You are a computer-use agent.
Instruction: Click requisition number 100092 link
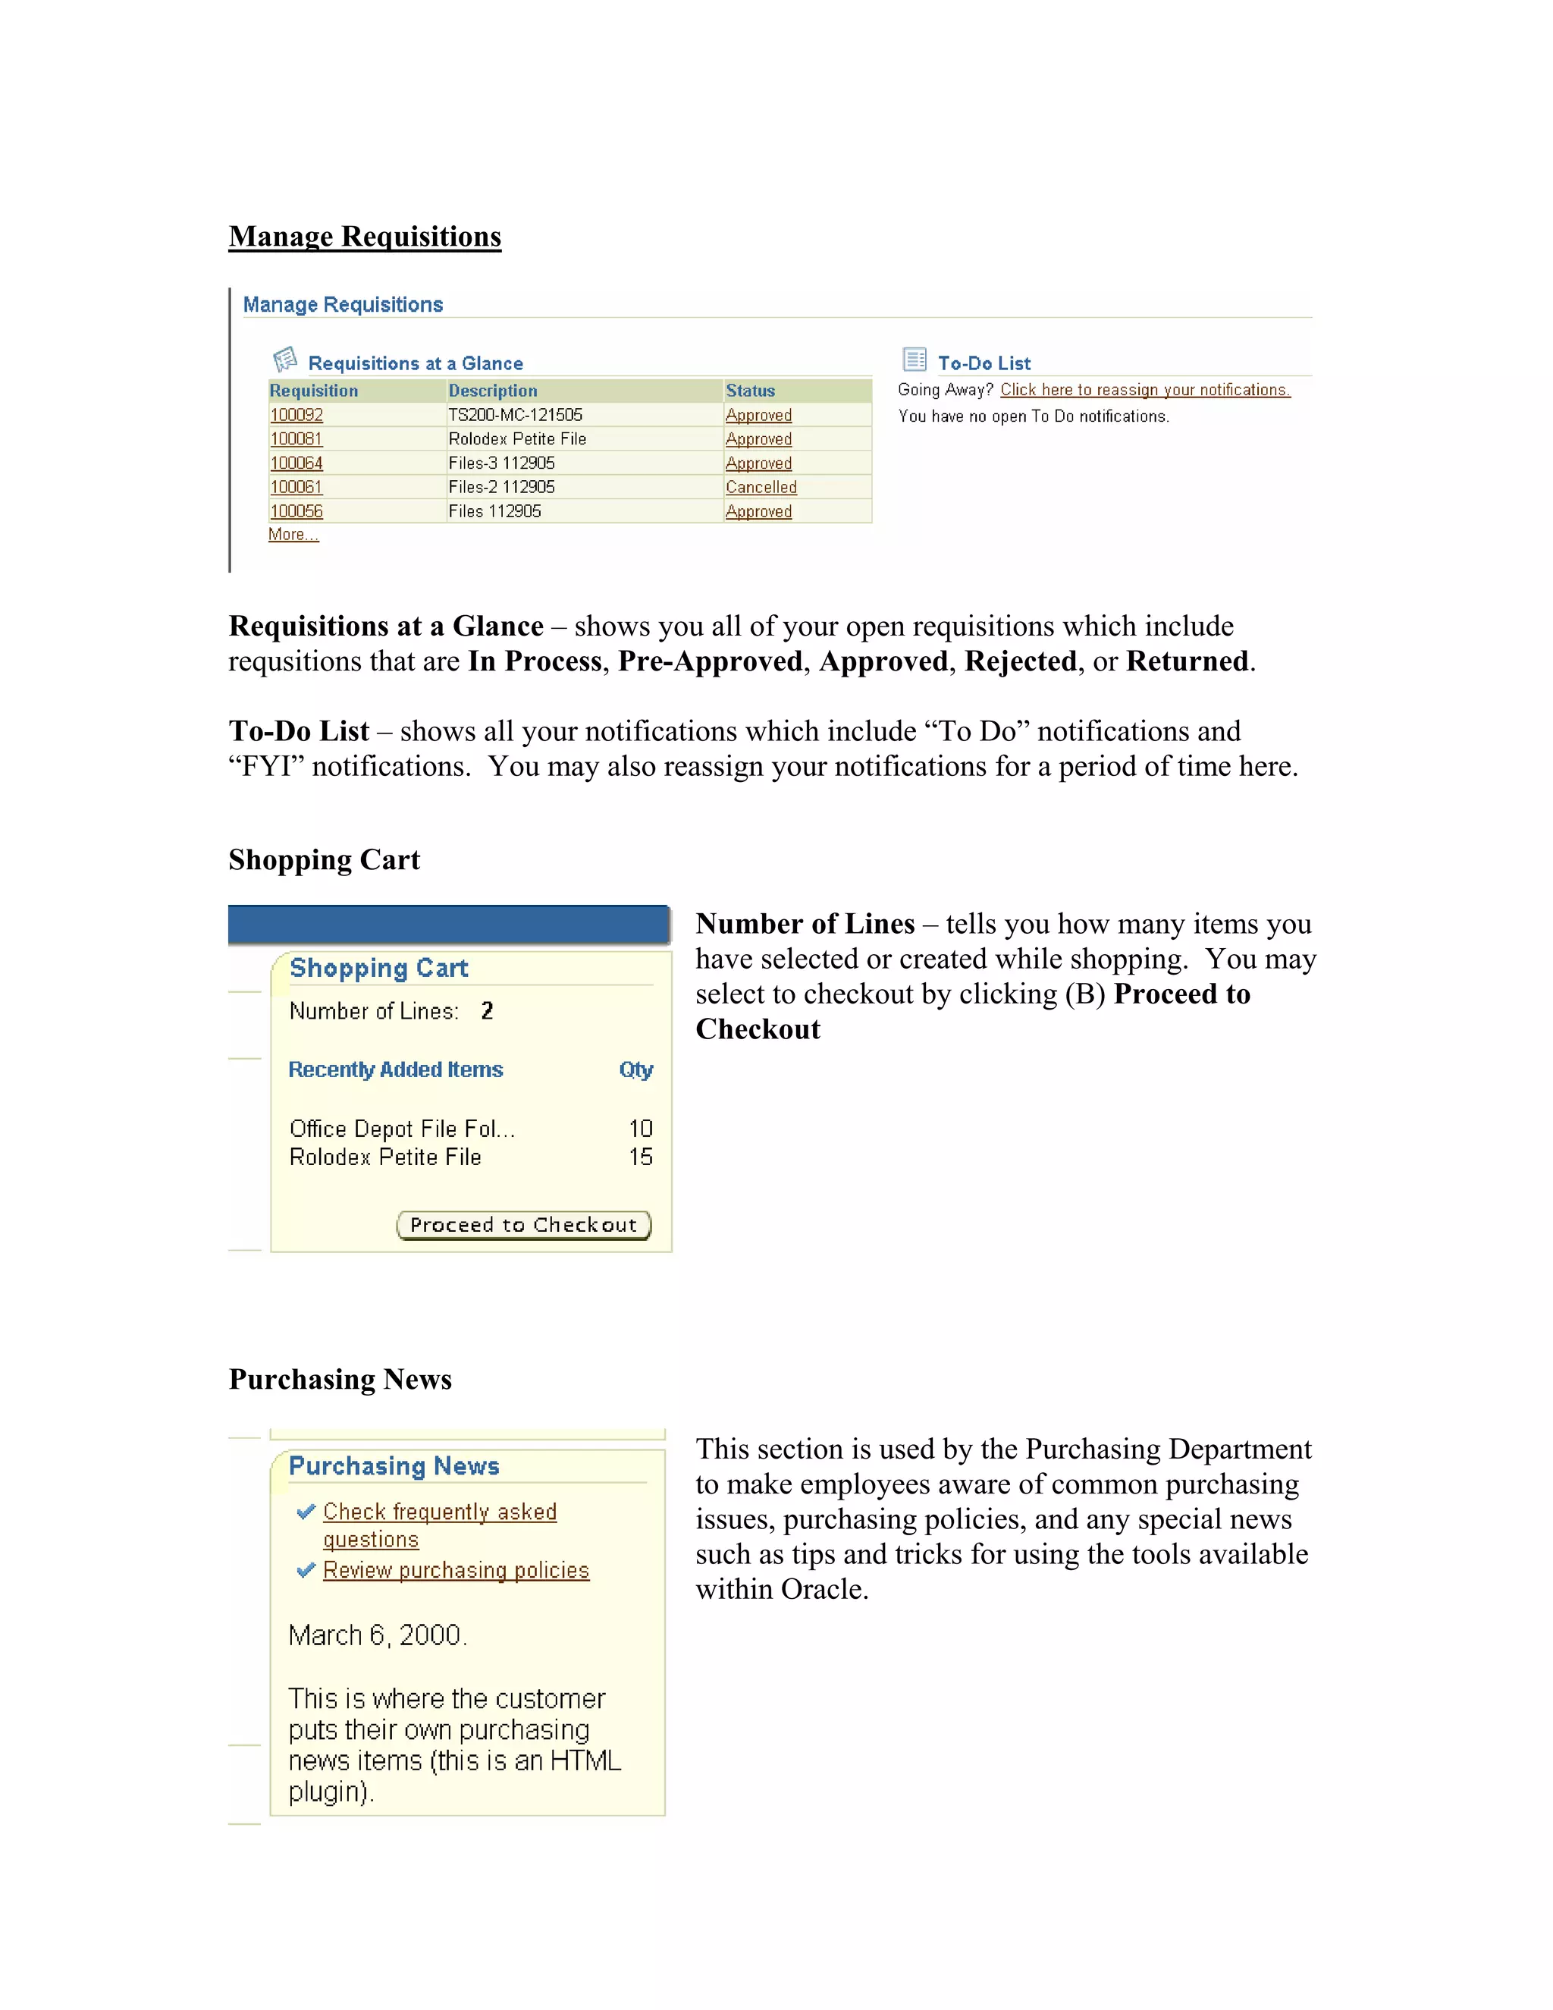pos(296,415)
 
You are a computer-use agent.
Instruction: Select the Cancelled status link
pos(760,487)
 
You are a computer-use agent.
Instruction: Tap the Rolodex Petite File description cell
pos(517,439)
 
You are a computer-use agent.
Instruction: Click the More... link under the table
pos(293,535)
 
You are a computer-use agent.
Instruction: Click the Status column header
pos(750,390)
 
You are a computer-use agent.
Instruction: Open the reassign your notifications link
pos(1144,390)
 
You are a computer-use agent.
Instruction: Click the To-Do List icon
pos(915,359)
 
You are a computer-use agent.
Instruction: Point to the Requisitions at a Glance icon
pos(285,359)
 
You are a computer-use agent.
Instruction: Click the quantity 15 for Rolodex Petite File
pos(640,1157)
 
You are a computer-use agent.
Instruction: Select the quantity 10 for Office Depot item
pos(640,1129)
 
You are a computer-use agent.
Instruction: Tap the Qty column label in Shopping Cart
pos(635,1069)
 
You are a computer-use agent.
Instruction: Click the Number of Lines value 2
pos(487,1010)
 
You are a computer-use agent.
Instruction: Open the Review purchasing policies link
pos(456,1570)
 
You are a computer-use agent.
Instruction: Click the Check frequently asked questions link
pos(440,1512)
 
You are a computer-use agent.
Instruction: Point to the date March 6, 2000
pos(377,1635)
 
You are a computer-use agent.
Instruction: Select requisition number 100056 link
pos(296,510)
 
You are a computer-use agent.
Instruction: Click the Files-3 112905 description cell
pos(501,463)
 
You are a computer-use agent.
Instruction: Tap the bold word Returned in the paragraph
pos(1187,661)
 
